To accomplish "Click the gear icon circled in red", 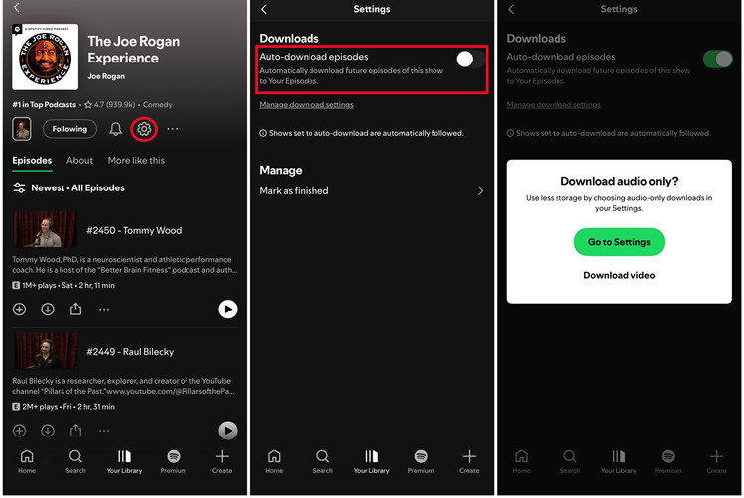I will pyautogui.click(x=144, y=129).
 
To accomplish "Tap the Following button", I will pyautogui.click(x=69, y=129).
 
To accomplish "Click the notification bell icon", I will pyautogui.click(x=115, y=129).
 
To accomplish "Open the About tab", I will pyautogui.click(x=79, y=160).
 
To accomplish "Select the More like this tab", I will pyautogui.click(x=136, y=160).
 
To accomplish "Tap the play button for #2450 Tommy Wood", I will pyautogui.click(x=228, y=310).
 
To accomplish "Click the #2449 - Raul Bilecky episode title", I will pyautogui.click(x=129, y=351).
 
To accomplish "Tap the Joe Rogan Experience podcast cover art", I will pyautogui.click(x=46, y=56).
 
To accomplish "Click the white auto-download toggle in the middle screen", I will pyautogui.click(x=469, y=60).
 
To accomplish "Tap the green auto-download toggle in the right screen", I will pyautogui.click(x=716, y=60).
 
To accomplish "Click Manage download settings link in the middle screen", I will pyautogui.click(x=307, y=104).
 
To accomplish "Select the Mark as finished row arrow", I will pyautogui.click(x=481, y=190).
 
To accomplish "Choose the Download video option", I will pyautogui.click(x=619, y=275).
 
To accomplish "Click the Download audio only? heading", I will pyautogui.click(x=619, y=181).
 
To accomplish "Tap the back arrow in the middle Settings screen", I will pyautogui.click(x=264, y=10).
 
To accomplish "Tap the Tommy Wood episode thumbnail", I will pyautogui.click(x=46, y=230).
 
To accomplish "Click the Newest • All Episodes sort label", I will pyautogui.click(x=77, y=187).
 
